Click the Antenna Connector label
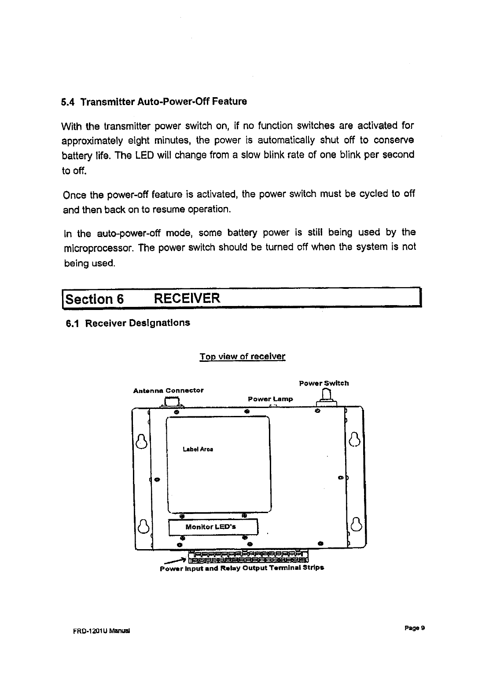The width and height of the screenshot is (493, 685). point(168,390)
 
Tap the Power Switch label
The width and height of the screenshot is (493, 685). point(324,383)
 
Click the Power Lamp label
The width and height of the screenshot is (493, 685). point(270,399)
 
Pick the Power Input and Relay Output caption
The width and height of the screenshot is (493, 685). point(242,568)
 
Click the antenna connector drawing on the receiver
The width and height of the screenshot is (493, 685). point(172,402)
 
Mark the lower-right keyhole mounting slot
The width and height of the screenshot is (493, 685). point(356,525)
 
